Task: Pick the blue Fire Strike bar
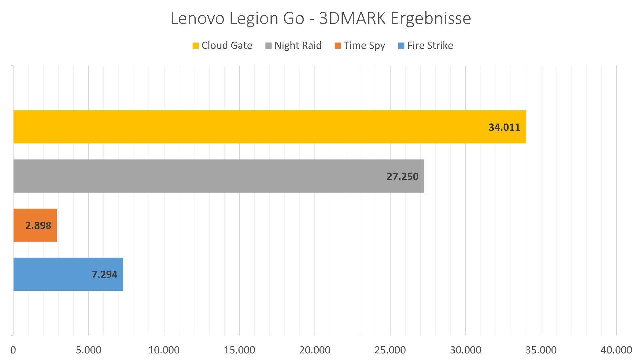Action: pos(50,274)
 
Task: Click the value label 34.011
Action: pos(504,127)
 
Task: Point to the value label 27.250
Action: pos(402,176)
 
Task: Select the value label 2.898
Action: pos(38,226)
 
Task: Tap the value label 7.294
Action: pos(104,275)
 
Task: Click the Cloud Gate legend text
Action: pos(227,45)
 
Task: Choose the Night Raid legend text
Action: pos(298,45)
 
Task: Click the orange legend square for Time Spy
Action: pos(338,46)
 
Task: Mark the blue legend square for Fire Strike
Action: pos(401,46)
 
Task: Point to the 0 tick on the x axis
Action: pos(13,350)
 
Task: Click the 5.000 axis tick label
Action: pos(88,350)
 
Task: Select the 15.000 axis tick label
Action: pos(239,350)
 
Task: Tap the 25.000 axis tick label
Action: pos(390,350)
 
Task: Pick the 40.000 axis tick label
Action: pos(616,350)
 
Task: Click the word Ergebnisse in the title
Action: pos(431,18)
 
